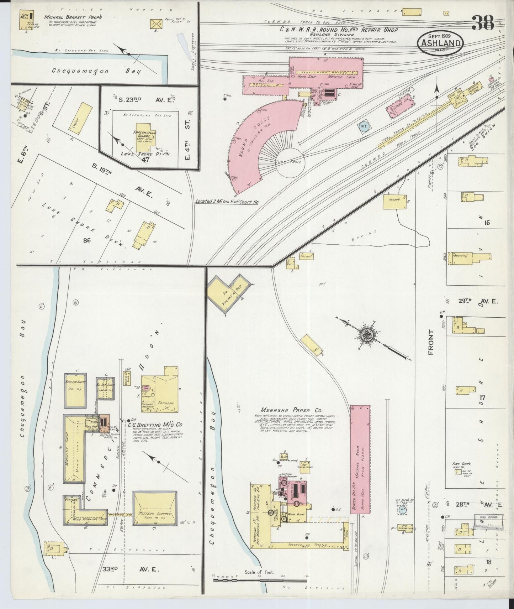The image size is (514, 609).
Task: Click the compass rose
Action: pyautogui.click(x=366, y=335)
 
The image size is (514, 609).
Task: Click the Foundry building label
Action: pyautogui.click(x=167, y=403)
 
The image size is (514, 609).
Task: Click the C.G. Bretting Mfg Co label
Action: pyautogui.click(x=156, y=425)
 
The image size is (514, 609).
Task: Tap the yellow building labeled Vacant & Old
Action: pyautogui.click(x=227, y=292)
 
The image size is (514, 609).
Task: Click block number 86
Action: pyautogui.click(x=86, y=240)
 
